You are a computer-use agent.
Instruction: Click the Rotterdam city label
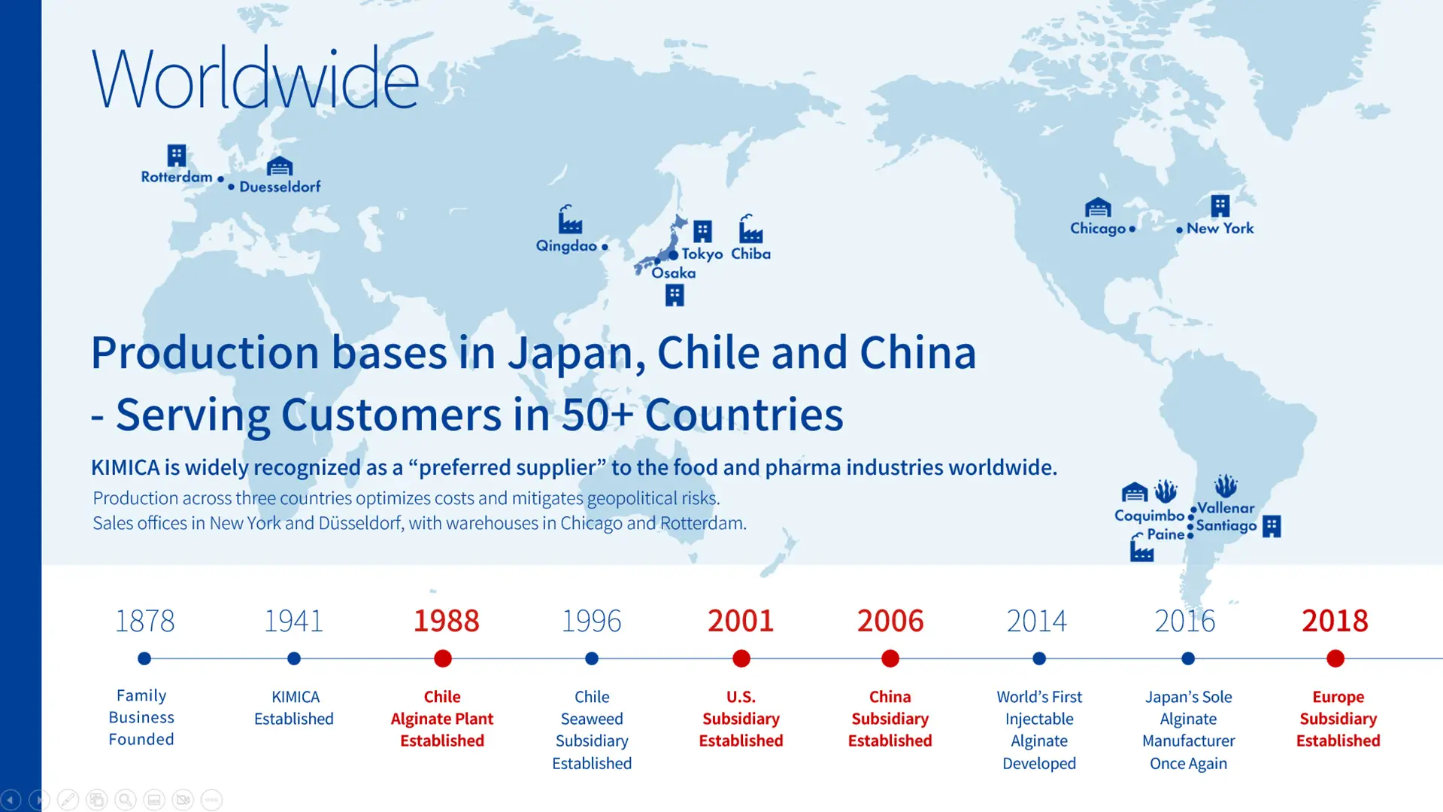pos(177,177)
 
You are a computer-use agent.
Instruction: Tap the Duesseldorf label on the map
pos(280,187)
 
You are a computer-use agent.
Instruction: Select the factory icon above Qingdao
pos(570,219)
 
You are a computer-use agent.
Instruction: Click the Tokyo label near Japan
pos(702,254)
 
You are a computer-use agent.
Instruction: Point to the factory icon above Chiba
pos(750,229)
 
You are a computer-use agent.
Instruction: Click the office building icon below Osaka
pos(675,295)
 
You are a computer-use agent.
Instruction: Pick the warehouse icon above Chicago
pos(1098,207)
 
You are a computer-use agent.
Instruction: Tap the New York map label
pos(1220,228)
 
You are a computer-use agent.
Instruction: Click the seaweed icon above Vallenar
pos(1226,485)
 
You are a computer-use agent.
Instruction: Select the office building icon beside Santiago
pos(1272,526)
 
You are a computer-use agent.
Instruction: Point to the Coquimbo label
pos(1149,516)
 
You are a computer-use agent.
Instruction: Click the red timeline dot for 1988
pos(443,658)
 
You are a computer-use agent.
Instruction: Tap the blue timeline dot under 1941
pos(294,658)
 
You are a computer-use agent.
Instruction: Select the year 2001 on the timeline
pos(741,621)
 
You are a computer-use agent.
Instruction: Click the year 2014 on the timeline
pos(1037,621)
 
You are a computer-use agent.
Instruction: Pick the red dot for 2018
pos(1335,658)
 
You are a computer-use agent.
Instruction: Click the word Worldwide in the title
pos(255,78)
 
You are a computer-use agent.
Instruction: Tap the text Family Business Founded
pos(141,717)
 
